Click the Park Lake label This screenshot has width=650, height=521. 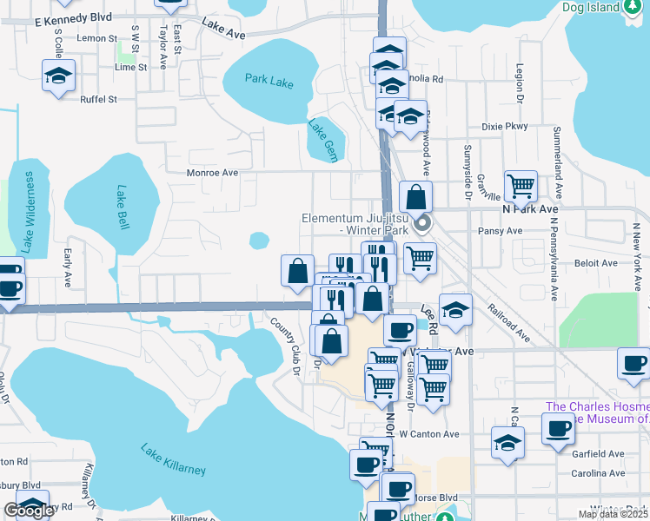(x=269, y=82)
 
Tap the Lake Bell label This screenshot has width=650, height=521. (x=123, y=208)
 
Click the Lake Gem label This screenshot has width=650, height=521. (x=321, y=136)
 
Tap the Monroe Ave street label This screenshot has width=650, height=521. (x=212, y=173)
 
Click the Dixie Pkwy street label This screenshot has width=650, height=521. (x=505, y=126)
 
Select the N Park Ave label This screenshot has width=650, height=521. (x=529, y=209)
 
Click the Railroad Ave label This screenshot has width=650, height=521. (x=508, y=321)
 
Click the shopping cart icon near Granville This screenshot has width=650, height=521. (x=521, y=184)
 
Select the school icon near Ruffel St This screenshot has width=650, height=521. (x=59, y=76)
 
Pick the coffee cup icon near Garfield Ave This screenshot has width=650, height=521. (x=558, y=426)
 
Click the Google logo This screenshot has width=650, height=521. (x=29, y=511)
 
